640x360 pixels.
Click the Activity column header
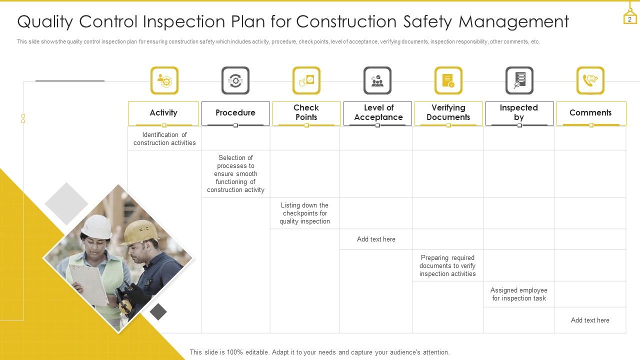pyautogui.click(x=163, y=113)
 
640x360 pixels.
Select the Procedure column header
pyautogui.click(x=235, y=113)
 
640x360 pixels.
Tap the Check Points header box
pyautogui.click(x=306, y=113)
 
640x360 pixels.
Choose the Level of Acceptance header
pyautogui.click(x=378, y=113)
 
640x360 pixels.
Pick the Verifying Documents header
pyautogui.click(x=448, y=113)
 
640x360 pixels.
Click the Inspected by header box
pyautogui.click(x=519, y=113)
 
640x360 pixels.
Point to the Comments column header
pyautogui.click(x=590, y=113)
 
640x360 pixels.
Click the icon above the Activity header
pyautogui.click(x=164, y=80)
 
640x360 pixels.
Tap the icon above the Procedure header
pyautogui.click(x=235, y=80)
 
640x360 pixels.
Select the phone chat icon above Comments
pyautogui.click(x=590, y=80)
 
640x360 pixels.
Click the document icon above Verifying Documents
pyautogui.click(x=448, y=80)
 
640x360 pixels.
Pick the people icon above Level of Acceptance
pyautogui.click(x=377, y=80)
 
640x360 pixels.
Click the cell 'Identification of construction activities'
pyautogui.click(x=164, y=138)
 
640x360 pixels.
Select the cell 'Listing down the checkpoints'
pyautogui.click(x=304, y=213)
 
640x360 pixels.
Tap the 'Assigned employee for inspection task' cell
pyautogui.click(x=519, y=294)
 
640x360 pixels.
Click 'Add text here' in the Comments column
pyautogui.click(x=590, y=320)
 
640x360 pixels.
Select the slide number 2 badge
pyautogui.click(x=630, y=19)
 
